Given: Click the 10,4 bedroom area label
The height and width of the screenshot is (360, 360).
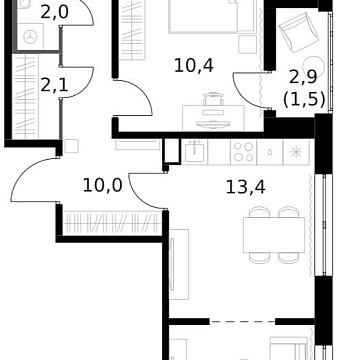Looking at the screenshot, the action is click(x=194, y=66).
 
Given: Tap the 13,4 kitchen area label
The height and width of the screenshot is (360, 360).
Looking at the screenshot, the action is click(x=246, y=187).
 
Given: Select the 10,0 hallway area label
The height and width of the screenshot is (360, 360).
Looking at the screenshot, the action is click(x=102, y=185).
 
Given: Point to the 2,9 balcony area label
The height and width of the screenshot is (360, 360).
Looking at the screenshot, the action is click(x=303, y=78).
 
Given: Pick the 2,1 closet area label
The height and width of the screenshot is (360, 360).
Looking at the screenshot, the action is click(x=54, y=85).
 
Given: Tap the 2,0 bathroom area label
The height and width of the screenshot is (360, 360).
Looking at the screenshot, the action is click(x=54, y=12).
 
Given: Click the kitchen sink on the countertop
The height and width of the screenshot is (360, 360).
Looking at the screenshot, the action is click(x=195, y=152).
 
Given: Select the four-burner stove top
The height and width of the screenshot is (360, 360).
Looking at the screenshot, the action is click(x=244, y=152).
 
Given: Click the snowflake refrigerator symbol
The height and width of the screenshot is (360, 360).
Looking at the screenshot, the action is click(x=296, y=152).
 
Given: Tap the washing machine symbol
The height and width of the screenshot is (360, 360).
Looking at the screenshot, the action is click(x=30, y=37).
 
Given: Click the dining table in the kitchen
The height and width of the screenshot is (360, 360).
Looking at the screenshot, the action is click(x=274, y=235).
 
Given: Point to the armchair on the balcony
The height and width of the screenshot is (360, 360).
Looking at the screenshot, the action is click(x=299, y=32).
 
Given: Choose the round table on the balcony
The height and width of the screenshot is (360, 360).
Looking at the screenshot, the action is click(x=314, y=64).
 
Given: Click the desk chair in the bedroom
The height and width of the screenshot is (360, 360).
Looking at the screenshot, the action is click(x=213, y=99).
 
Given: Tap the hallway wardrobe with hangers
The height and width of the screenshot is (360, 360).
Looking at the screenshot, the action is click(x=112, y=223).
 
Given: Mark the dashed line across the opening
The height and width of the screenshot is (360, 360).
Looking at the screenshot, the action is click(x=242, y=322).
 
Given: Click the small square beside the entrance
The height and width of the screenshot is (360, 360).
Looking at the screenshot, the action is click(x=71, y=146).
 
